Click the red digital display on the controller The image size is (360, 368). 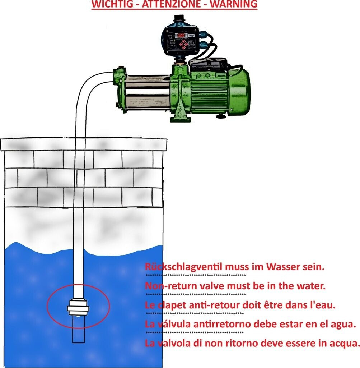[182, 36]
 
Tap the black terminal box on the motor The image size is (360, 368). [208, 65]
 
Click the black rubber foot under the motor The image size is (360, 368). [220, 116]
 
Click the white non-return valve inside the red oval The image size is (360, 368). [78, 308]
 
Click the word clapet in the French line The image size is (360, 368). [170, 305]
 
